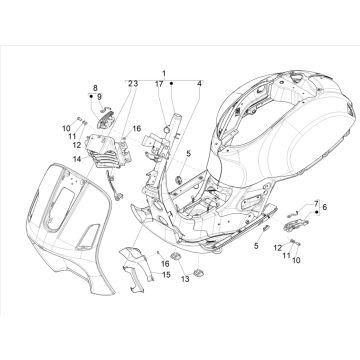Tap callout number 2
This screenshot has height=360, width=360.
click(x=129, y=84)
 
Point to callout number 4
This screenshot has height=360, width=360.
click(x=198, y=84)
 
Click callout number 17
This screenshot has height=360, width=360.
click(x=159, y=84)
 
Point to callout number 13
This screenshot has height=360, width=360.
click(x=184, y=281)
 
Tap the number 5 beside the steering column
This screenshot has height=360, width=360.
click(x=187, y=153)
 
